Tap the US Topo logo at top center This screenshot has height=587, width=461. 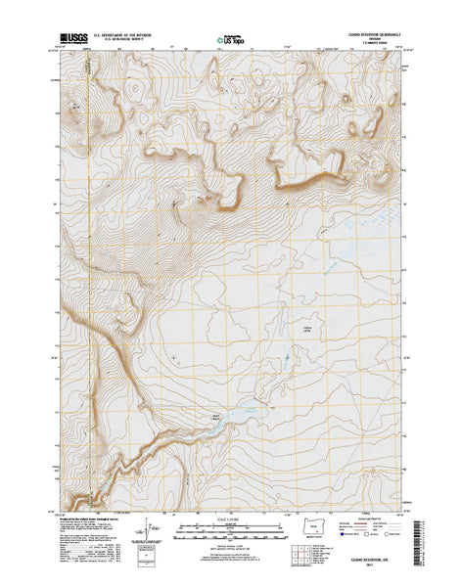[x=231, y=41]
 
